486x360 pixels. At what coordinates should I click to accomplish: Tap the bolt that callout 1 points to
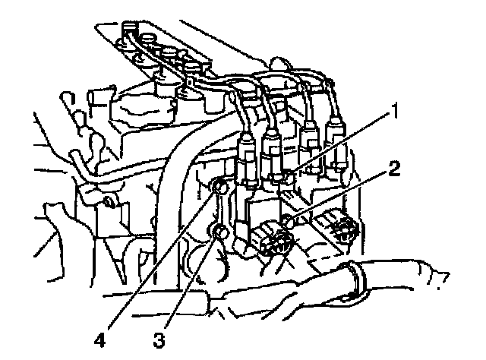286,179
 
